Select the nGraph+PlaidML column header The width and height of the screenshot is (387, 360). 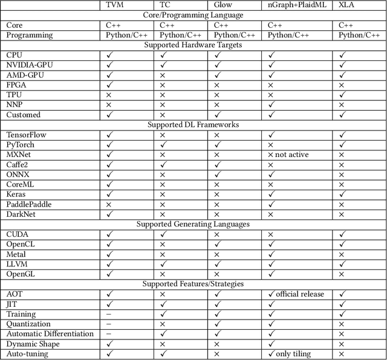[297, 5]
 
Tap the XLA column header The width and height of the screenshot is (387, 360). [347, 5]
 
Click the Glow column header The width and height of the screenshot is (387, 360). [223, 5]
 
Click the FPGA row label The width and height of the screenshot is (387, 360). [17, 85]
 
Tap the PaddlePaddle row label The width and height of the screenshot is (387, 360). [29, 204]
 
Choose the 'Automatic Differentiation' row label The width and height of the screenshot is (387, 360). [50, 333]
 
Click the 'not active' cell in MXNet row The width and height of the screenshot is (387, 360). [293, 155]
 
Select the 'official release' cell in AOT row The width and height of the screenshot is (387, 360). [301, 294]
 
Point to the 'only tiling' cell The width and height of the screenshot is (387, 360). [293, 353]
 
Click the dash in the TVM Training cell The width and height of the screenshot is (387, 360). [109, 314]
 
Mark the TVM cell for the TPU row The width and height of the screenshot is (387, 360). [109, 95]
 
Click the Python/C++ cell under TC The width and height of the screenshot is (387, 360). [180, 35]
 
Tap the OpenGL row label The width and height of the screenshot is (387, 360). [22, 274]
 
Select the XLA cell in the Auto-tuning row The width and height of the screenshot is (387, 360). [342, 353]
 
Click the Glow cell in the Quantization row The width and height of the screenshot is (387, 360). [218, 324]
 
